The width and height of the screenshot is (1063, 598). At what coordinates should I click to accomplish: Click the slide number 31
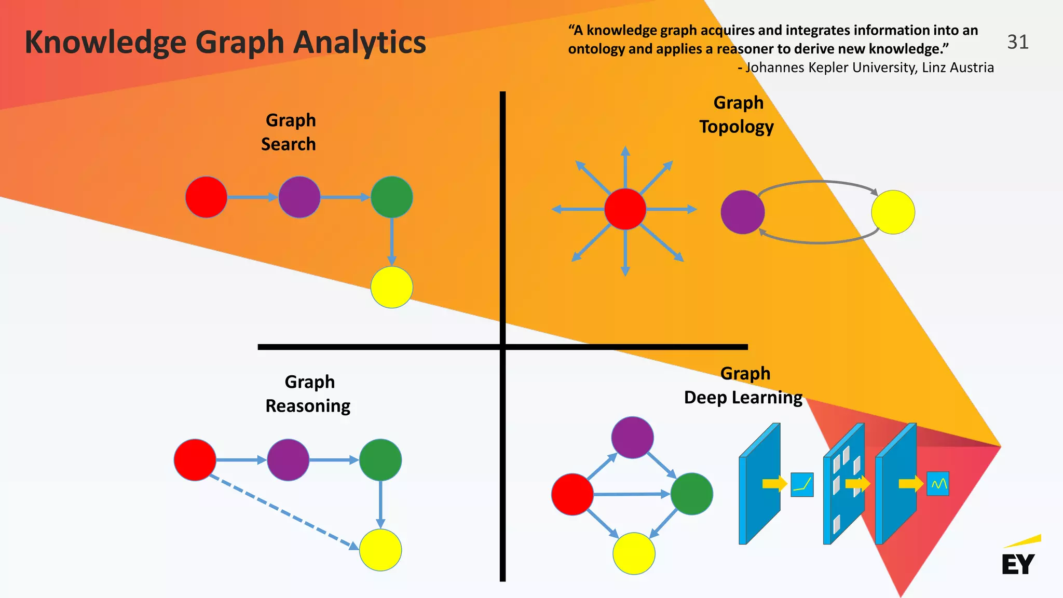[x=1017, y=42]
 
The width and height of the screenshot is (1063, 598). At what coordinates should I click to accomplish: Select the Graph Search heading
[x=289, y=132]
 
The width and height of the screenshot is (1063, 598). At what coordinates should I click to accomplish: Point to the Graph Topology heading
[x=737, y=115]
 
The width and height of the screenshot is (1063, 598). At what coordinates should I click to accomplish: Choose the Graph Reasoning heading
[x=308, y=393]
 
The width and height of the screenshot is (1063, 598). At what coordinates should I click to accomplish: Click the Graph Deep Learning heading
[x=743, y=386]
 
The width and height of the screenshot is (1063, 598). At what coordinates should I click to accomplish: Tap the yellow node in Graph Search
[x=392, y=287]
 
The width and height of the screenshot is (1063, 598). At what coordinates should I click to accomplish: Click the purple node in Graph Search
[x=299, y=197]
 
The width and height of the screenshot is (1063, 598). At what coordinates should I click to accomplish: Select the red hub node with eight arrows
[x=625, y=209]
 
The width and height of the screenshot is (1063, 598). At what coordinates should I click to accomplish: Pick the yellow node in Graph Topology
[x=893, y=212]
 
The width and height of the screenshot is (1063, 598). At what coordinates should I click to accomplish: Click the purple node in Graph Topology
[x=743, y=212]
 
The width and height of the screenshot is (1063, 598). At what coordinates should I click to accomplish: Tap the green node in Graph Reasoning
[x=380, y=460]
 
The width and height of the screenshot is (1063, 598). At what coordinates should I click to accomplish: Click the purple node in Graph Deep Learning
[x=632, y=437]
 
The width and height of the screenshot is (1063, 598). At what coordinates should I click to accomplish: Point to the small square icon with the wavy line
[x=938, y=484]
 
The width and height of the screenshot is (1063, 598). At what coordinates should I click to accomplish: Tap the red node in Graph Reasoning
[x=195, y=460]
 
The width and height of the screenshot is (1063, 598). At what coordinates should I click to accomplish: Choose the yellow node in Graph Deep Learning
[x=634, y=553]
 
